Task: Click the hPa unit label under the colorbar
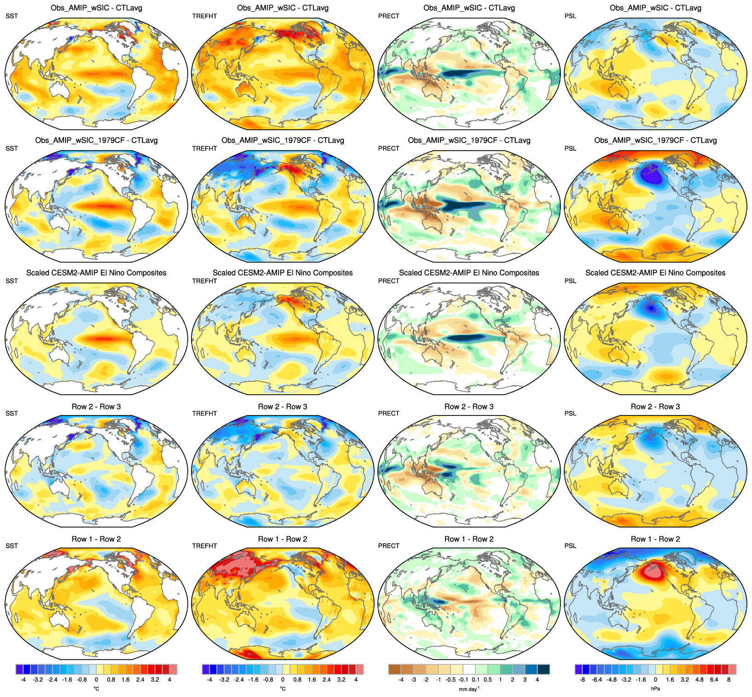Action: tap(655, 689)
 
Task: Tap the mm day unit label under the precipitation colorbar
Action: tap(469, 689)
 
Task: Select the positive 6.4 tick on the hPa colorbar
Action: tap(714, 680)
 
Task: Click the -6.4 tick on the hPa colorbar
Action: tap(597, 680)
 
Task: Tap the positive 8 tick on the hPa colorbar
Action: tap(729, 680)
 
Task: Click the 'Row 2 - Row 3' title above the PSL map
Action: tap(655, 407)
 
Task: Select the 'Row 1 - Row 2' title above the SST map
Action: tap(96, 539)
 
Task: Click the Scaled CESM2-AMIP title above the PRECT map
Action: tap(469, 273)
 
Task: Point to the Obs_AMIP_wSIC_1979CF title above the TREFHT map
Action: tap(283, 140)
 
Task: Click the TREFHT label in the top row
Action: tap(204, 16)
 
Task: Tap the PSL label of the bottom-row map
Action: tap(570, 546)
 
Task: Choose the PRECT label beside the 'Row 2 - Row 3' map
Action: tap(389, 414)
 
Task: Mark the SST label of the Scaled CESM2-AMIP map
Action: tap(12, 281)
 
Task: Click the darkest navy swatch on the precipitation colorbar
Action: tap(544, 669)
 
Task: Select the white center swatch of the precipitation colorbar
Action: tap(469, 669)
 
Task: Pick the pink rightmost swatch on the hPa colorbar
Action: tap(733, 669)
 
